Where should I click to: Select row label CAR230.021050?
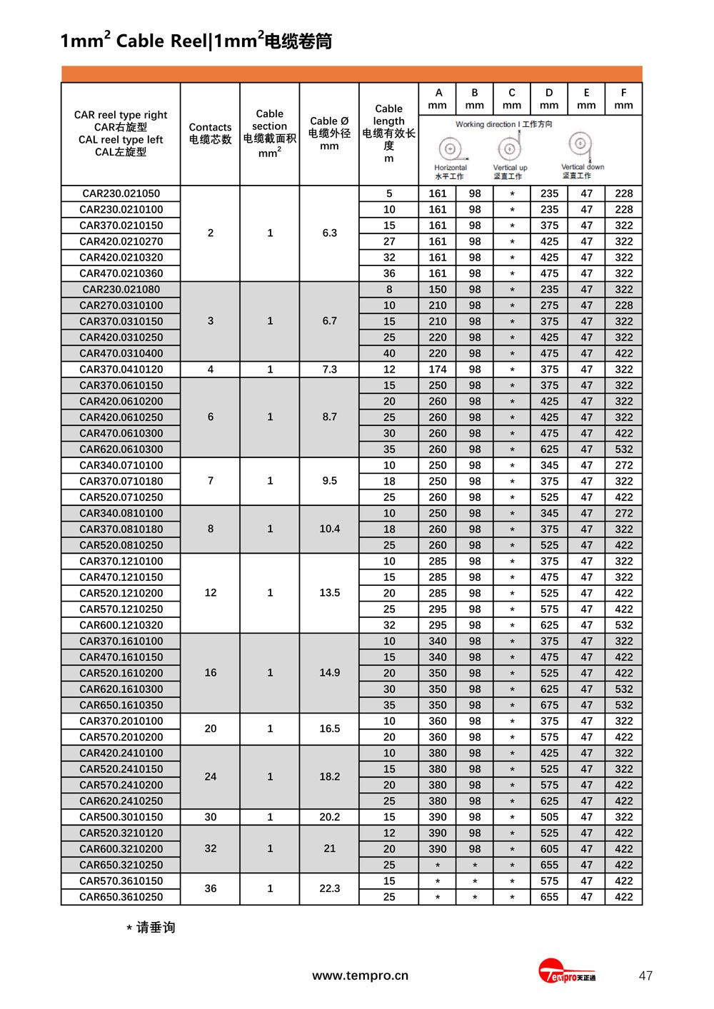[x=121, y=193]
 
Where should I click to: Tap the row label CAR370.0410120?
[x=121, y=369]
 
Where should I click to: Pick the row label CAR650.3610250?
[x=121, y=897]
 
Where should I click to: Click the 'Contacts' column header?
[x=210, y=133]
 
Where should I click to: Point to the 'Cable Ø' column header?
[x=329, y=133]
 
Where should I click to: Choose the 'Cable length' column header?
[x=388, y=133]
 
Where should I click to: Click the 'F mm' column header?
[x=623, y=98]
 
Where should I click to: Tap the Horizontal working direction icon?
[x=450, y=149]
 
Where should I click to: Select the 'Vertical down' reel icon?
[x=581, y=145]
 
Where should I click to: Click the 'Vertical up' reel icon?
[x=509, y=148]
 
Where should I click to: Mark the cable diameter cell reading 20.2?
[x=329, y=817]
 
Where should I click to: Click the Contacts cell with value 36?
[x=210, y=888]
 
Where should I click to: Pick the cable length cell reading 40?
[x=388, y=353]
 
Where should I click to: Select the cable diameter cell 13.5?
[x=329, y=593]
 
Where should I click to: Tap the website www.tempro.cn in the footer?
[x=360, y=975]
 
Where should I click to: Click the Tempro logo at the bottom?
[x=566, y=973]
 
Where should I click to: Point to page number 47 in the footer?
[x=645, y=975]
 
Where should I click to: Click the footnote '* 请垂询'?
[x=151, y=928]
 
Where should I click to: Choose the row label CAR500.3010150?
[x=121, y=817]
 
